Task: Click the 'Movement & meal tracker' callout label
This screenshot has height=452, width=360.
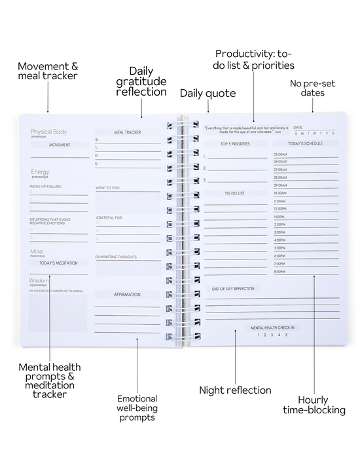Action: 47,71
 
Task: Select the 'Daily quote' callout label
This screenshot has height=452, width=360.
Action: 207,93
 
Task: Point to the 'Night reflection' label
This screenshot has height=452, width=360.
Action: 235,390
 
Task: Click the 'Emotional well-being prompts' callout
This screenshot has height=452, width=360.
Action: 137,407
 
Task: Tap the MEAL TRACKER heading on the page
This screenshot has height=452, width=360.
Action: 128,132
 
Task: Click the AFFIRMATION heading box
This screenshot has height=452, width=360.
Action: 128,294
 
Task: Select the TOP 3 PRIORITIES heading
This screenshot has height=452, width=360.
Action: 236,143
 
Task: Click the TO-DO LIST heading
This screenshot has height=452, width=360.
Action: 234,193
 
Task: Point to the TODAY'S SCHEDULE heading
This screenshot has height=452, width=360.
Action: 306,143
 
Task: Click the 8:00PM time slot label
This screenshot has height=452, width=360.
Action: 279,271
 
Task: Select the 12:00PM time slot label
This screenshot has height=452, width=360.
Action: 280,208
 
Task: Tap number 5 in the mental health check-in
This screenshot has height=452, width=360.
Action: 286,335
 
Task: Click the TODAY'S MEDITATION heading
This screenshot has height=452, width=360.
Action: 59,263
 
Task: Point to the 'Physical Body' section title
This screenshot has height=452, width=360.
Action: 48,132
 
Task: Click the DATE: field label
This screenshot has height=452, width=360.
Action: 298,127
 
